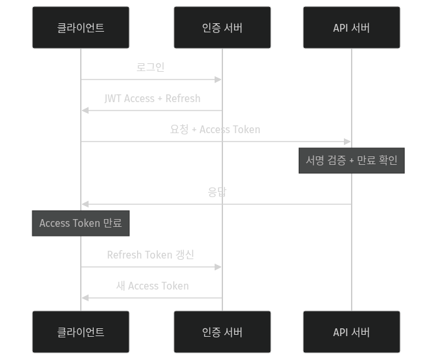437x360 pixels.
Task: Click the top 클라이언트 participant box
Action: point(81,28)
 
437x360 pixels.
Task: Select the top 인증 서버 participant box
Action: point(222,28)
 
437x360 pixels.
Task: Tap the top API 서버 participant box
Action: point(352,28)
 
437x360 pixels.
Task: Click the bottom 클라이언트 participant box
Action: point(81,332)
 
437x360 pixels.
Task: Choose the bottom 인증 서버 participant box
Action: point(222,332)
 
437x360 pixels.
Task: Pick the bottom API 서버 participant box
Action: point(352,332)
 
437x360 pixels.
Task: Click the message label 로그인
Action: point(151,67)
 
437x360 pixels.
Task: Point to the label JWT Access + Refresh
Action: point(152,98)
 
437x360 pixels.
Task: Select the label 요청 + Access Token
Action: point(215,129)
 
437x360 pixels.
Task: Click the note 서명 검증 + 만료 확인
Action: point(352,160)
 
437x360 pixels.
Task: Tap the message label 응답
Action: point(217,192)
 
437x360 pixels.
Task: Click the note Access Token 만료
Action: point(81,223)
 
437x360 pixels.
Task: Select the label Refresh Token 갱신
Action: point(151,255)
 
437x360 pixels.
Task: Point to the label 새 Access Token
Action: point(153,286)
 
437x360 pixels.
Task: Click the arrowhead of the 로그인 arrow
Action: point(218,79)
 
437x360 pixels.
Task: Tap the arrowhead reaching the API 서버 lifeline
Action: point(348,142)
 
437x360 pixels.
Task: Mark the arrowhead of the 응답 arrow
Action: point(85,204)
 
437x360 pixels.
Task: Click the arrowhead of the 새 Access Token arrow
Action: point(85,298)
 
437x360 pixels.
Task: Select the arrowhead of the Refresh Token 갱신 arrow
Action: point(218,267)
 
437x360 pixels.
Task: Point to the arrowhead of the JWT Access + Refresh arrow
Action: point(85,111)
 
